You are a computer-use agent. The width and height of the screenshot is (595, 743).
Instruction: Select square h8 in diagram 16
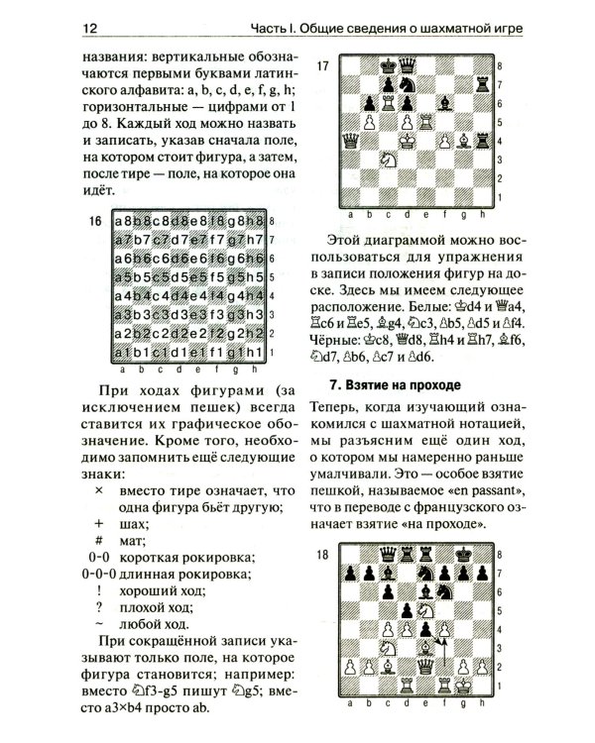pos(256,220)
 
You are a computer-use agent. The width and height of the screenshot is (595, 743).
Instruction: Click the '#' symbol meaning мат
pos(99,539)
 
